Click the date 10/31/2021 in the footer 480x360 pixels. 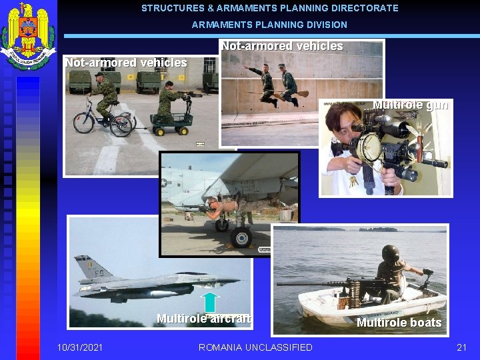pos(80,347)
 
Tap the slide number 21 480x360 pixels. pos(461,347)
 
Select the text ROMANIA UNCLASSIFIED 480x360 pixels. pos(255,347)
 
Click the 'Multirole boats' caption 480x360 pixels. pos(399,323)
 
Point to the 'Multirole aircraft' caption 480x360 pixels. pos(204,319)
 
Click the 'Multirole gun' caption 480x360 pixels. pos(410,105)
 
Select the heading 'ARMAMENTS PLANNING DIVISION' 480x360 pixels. pos(269,25)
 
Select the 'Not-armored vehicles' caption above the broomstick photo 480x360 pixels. pos(281,47)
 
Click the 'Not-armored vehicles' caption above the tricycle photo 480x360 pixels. pos(125,63)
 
